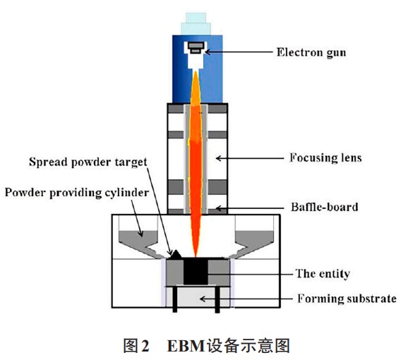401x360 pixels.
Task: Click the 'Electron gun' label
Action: coord(311,52)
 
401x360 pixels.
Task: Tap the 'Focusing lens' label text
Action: coord(325,157)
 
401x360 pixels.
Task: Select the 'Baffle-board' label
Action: coord(325,207)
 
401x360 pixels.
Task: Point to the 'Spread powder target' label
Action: coord(88,162)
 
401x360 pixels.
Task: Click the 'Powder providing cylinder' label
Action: coord(77,193)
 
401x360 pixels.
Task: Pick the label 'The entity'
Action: coord(323,274)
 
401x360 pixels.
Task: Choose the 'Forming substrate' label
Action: coord(347,299)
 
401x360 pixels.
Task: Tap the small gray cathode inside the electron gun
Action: coord(196,48)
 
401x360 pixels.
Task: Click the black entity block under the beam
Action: coord(196,271)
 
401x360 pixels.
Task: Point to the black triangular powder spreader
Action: coord(176,255)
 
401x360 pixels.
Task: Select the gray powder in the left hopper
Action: coord(138,239)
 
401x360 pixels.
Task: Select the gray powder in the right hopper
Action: coord(254,239)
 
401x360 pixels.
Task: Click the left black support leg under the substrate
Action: coord(175,299)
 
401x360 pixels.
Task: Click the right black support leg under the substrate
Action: coord(217,299)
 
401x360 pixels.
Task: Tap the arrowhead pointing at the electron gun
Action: coord(208,52)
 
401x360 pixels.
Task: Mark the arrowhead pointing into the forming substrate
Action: coord(202,299)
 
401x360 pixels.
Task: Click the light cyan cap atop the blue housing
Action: coord(196,24)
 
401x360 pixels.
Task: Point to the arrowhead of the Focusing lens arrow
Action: coord(218,158)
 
